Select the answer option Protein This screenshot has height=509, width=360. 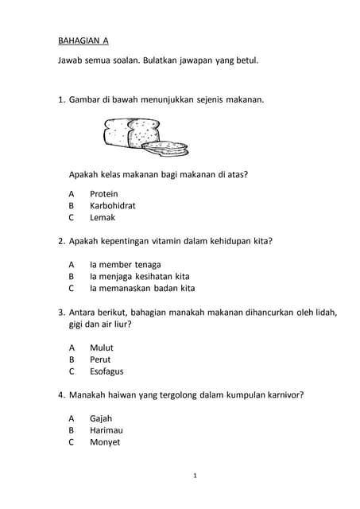coord(103,193)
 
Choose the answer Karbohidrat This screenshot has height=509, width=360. coord(112,205)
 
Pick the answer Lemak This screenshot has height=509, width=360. coord(102,217)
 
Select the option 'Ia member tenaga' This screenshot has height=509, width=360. coord(125,264)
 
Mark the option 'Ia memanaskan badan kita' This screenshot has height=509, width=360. coord(141,288)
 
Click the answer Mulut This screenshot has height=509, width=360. coord(101,348)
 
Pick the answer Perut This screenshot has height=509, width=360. coord(100,359)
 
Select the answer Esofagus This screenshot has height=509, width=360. coord(106,371)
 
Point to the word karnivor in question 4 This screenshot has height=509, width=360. coord(284,394)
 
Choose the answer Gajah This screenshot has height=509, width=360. coord(101,418)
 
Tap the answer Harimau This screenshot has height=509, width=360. coord(105,430)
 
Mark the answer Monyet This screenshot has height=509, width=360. coord(104,442)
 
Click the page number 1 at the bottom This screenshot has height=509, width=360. coord(195,476)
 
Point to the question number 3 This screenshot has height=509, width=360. coord(61,312)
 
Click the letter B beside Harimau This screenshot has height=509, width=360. coord(72,430)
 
